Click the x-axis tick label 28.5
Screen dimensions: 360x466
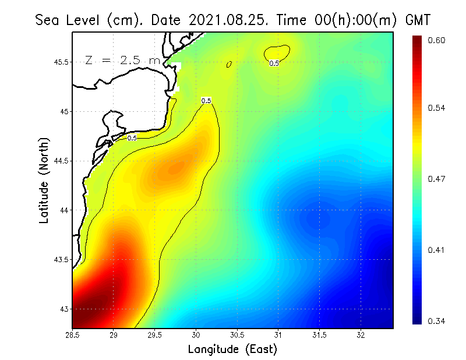[73, 336]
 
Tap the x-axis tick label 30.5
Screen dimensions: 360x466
[237, 336]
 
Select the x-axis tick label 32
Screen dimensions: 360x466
[361, 336]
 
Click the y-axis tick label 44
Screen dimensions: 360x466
[63, 210]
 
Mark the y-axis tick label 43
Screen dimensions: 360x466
[63, 309]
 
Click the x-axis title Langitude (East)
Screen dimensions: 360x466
[232, 350]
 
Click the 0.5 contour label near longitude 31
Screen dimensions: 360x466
[274, 63]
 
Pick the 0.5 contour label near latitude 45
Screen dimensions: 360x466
[206, 101]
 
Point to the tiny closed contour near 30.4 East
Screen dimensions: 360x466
[229, 64]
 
